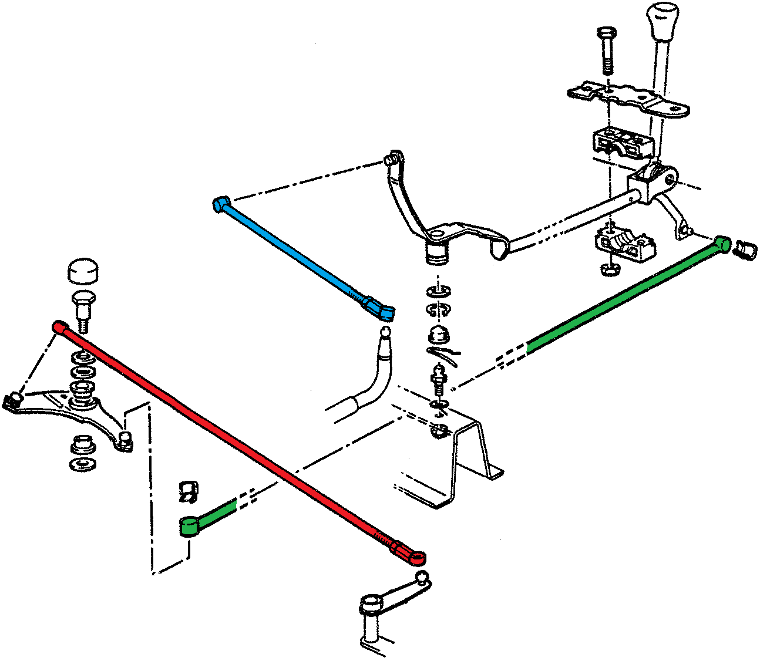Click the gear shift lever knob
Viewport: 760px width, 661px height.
point(663,21)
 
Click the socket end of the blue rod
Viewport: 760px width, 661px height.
point(379,309)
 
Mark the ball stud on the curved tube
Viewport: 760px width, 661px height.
point(385,333)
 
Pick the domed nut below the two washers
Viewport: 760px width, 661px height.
point(438,335)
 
